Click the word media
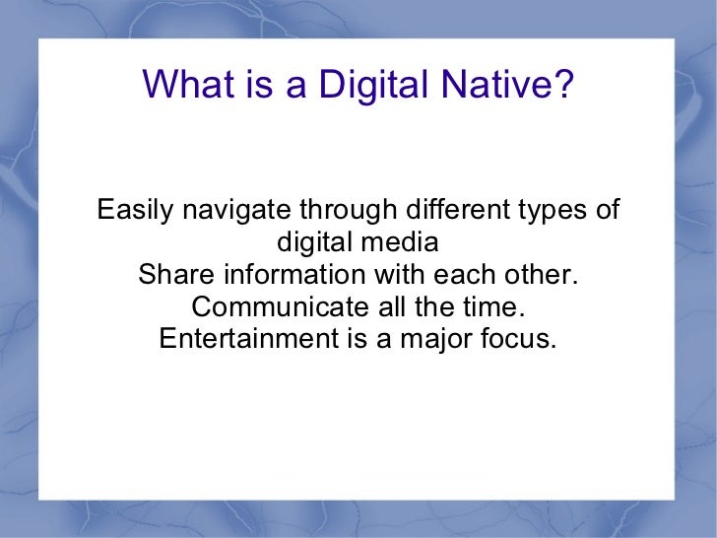(x=398, y=242)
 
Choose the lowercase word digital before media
(x=317, y=242)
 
